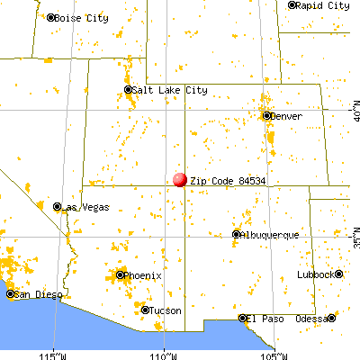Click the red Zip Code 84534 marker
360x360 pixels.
(180, 180)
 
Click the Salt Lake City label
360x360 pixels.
(163, 90)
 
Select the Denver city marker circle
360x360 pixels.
(266, 115)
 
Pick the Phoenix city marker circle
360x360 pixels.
(120, 274)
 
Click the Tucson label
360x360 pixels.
(163, 310)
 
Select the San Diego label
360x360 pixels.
(36, 293)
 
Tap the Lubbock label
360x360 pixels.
(319, 274)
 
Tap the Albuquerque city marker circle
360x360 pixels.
(237, 234)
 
